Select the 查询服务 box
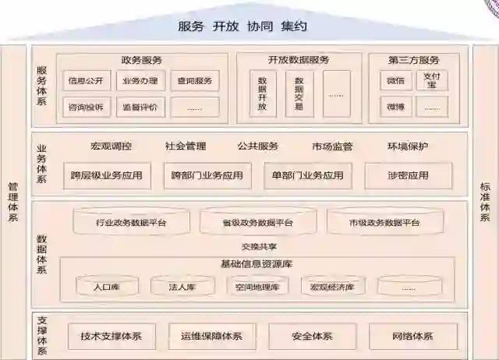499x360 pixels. [194, 80]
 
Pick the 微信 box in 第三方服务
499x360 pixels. [395, 80]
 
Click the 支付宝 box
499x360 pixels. [431, 80]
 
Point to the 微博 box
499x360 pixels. [395, 107]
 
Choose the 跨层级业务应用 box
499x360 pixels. [106, 175]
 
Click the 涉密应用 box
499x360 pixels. [408, 175]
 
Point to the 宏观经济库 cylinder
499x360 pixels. [332, 287]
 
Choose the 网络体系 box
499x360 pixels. [412, 337]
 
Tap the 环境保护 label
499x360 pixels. [407, 146]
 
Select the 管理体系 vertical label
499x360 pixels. [13, 201]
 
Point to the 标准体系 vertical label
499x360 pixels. [484, 201]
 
